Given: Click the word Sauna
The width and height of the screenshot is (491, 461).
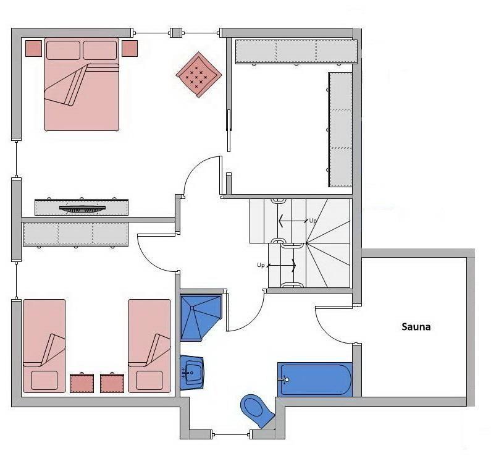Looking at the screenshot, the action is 416,327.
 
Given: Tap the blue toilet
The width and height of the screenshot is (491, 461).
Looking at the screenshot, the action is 257,410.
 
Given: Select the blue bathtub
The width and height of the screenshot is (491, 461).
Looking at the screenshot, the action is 315,379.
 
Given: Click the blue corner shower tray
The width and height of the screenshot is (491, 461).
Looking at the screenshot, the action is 200,317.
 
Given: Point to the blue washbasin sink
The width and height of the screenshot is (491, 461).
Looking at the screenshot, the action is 192,372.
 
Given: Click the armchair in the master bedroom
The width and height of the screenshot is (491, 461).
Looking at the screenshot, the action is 199,75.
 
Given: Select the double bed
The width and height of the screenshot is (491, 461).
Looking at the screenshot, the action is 82,84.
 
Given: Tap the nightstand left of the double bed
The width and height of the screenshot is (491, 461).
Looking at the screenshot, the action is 33,49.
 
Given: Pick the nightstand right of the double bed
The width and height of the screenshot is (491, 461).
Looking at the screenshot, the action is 130,49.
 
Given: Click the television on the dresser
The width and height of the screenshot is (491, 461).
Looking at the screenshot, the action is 82,208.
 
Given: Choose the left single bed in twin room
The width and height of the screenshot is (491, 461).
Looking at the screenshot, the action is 44,346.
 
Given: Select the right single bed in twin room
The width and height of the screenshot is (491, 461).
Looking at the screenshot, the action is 149,346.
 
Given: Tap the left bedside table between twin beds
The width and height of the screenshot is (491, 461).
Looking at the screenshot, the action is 82,383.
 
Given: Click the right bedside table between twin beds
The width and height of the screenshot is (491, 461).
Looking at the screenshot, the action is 112,383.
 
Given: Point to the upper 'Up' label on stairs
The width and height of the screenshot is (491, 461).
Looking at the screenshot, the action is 313,221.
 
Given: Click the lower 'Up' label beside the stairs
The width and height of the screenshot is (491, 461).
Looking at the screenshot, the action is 261,265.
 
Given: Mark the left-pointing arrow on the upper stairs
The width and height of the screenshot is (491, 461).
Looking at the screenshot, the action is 293,221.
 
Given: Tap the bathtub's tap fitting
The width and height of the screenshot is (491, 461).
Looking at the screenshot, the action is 284,380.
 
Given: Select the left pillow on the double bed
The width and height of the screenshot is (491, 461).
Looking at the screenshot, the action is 63,50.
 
